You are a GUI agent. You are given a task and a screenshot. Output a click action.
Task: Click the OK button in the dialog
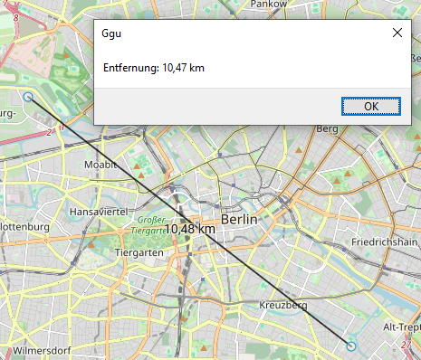pos(371,106)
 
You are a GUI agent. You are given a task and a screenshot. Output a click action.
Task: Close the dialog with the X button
pos(397,33)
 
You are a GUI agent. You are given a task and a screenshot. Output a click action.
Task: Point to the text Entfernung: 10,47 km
pos(153,67)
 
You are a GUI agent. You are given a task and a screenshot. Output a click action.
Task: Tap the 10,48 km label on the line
pos(190,229)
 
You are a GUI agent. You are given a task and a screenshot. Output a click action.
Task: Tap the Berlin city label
pos(239,220)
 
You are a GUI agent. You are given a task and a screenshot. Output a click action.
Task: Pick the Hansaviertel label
pos(96,211)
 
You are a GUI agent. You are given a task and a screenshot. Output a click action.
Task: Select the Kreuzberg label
pos(283,306)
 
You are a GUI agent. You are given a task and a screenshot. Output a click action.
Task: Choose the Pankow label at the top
pos(268,5)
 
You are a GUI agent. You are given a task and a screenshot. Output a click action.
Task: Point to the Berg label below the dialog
pos(326,129)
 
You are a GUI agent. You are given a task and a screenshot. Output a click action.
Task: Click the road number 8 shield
pos(15,15)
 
